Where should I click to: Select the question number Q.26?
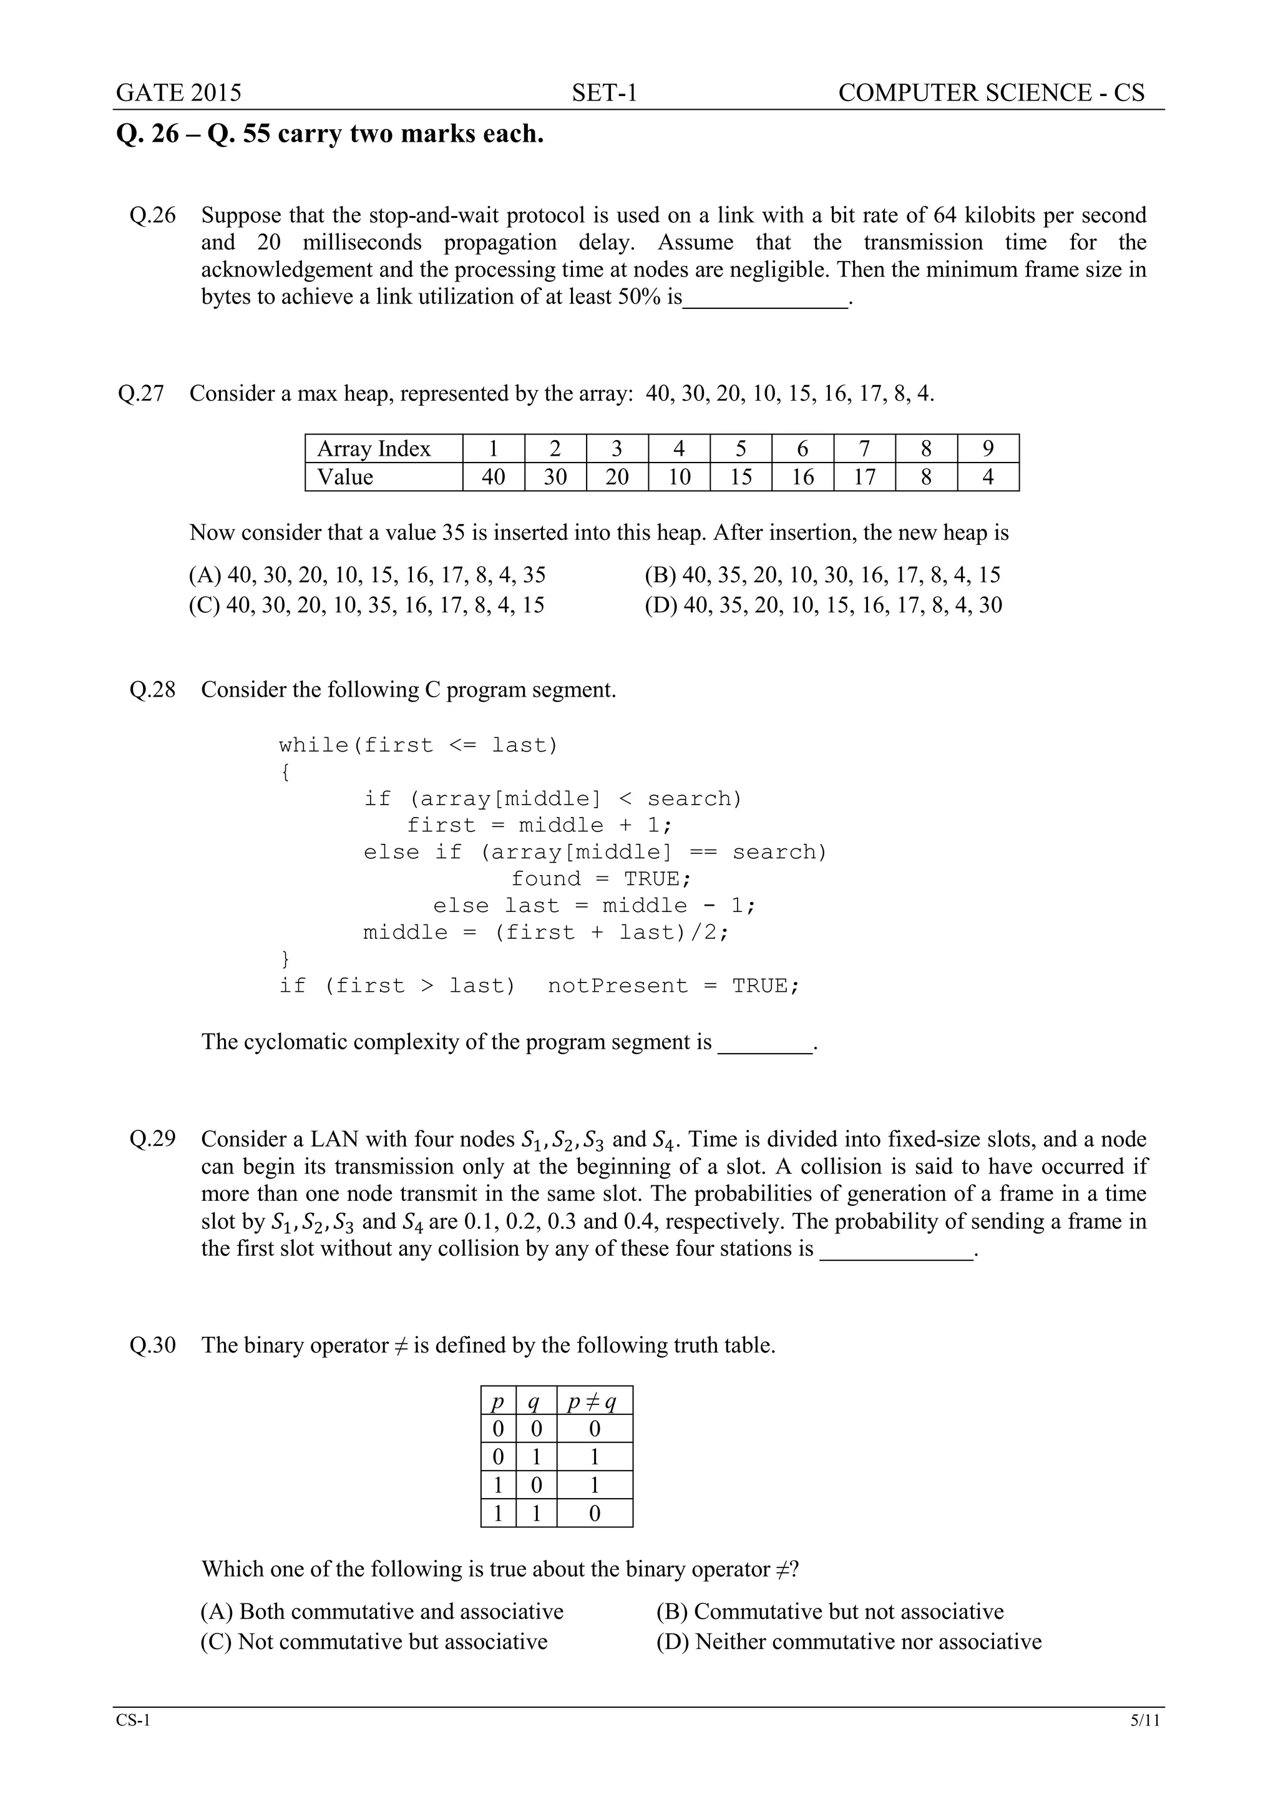[153, 215]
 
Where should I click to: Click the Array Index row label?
[374, 449]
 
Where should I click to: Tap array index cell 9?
[988, 449]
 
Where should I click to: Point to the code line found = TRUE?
[600, 878]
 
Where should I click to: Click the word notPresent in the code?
[618, 986]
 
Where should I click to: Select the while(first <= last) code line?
[418, 745]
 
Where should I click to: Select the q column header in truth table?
[535, 1402]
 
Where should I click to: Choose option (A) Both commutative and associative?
[382, 1611]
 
